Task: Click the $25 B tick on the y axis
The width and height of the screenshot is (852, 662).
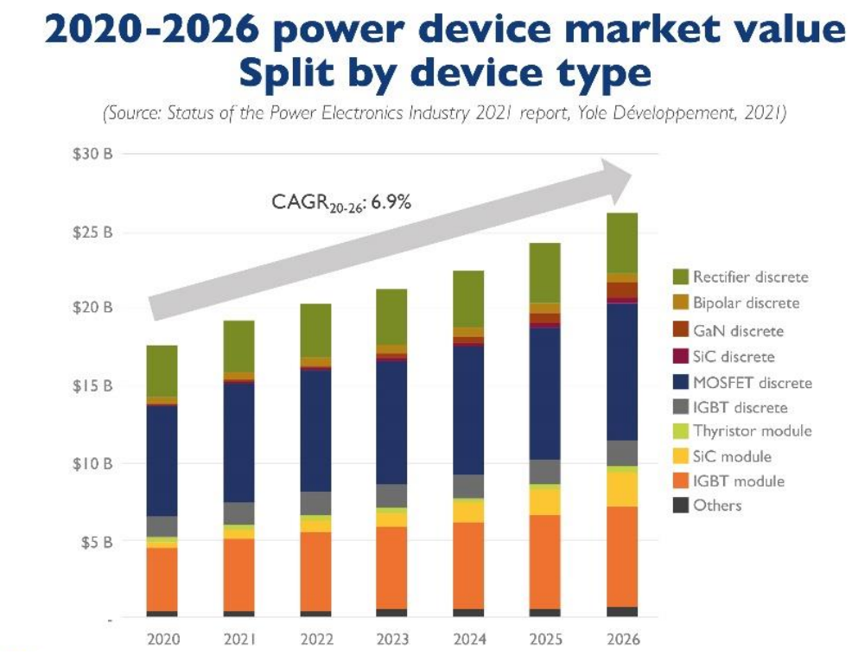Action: (92, 232)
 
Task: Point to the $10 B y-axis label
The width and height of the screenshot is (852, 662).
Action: (92, 463)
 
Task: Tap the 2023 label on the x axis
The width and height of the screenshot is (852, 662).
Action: (392, 639)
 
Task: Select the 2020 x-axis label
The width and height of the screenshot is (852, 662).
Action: (163, 639)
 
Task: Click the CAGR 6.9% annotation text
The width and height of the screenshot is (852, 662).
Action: (341, 203)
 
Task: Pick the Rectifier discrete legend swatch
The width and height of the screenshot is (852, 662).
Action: (680, 277)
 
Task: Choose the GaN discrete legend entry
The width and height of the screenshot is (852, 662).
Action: (728, 330)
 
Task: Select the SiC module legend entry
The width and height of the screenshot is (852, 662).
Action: (722, 456)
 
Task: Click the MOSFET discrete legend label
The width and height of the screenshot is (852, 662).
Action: (753, 383)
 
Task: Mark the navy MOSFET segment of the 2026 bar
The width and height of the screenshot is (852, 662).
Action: (622, 372)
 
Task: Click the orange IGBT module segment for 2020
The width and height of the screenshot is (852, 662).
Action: (162, 579)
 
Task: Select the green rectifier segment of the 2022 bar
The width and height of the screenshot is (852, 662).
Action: (315, 331)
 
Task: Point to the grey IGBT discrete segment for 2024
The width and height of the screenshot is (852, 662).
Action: (468, 487)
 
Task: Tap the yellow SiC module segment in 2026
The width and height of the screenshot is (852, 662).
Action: (622, 489)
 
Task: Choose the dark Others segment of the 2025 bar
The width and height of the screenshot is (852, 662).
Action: (545, 613)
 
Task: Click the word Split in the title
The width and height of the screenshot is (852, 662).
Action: (286, 73)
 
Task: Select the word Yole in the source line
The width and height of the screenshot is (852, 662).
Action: (592, 113)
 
